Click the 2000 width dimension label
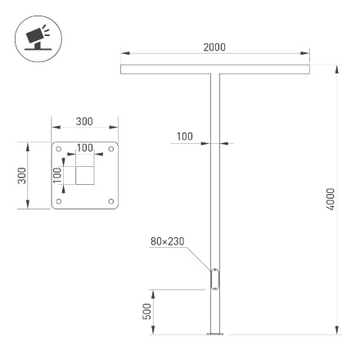[215, 48]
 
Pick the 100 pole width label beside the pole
[185, 137]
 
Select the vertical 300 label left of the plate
[24, 175]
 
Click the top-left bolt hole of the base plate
[58, 149]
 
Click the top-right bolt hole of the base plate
[110, 149]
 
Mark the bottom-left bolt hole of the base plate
[58, 201]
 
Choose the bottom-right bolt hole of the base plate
[110, 201]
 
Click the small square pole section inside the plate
[85, 175]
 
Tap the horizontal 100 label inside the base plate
[85, 147]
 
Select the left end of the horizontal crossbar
[124, 70]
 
